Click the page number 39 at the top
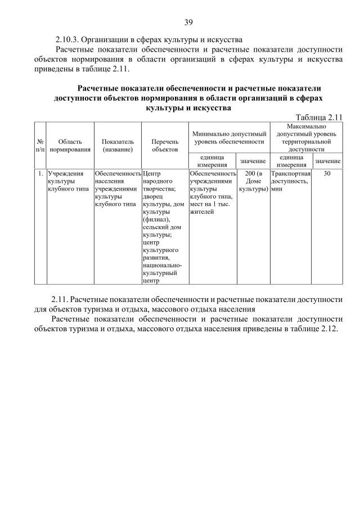click(x=188, y=22)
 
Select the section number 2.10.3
click(x=70, y=39)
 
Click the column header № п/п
click(x=40, y=146)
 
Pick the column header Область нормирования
click(x=70, y=146)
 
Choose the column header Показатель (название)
click(x=118, y=146)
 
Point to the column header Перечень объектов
click(x=165, y=146)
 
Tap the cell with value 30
click(x=327, y=174)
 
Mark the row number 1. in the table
click(x=40, y=174)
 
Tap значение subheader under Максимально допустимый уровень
click(x=327, y=161)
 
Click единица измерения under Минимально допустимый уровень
click(x=212, y=161)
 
